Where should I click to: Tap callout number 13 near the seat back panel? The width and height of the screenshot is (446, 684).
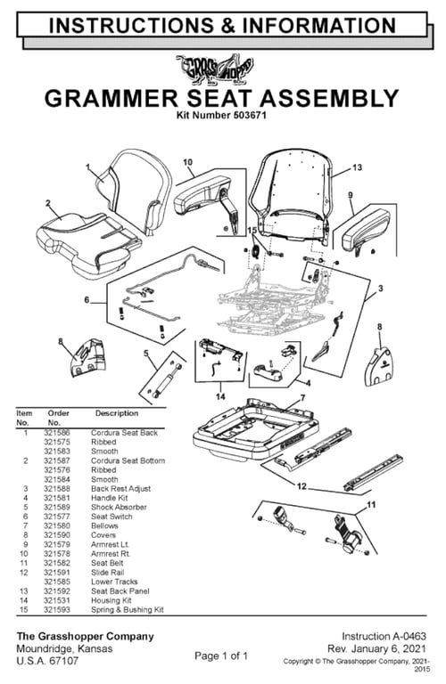point(357,167)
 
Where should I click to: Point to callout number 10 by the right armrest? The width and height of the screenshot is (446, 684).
point(188,162)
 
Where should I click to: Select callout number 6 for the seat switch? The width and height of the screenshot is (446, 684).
point(87,300)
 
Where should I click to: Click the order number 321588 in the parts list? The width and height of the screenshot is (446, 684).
point(58,489)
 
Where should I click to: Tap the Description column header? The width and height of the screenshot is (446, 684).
point(117,413)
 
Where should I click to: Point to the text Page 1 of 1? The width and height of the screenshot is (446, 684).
point(222,655)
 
